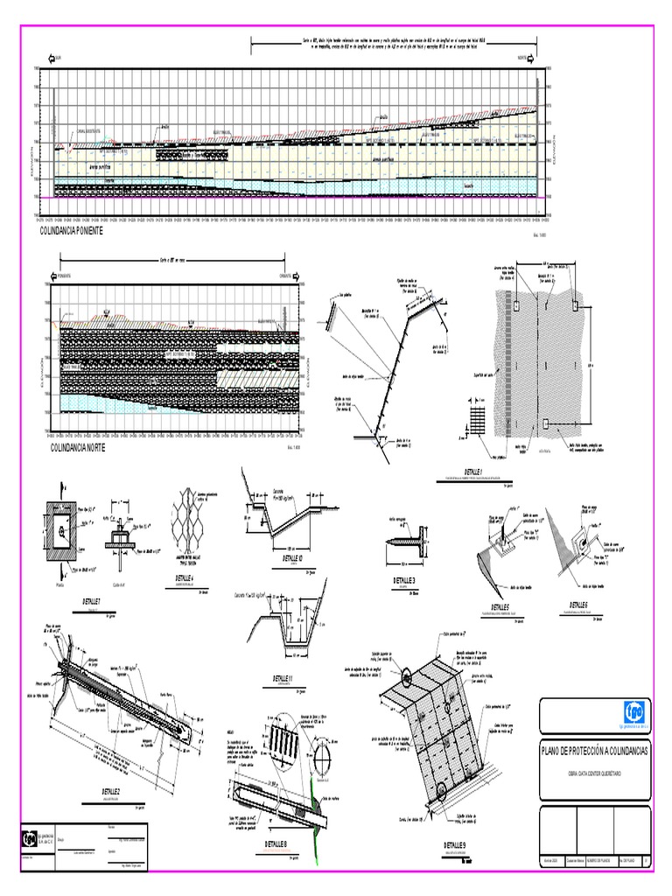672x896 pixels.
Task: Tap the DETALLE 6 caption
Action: [577, 605]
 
